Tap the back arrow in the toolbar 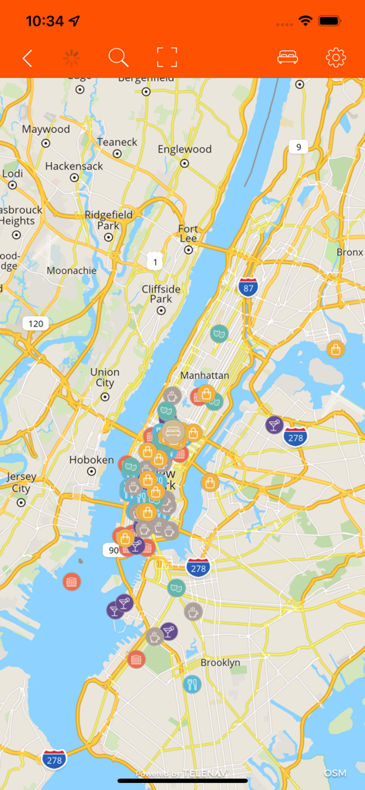click(28, 58)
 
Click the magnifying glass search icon click(118, 58)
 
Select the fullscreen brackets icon click(167, 57)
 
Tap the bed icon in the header click(288, 58)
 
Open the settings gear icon click(336, 58)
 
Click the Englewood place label click(184, 149)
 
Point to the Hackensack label click(74, 166)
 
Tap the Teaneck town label click(117, 142)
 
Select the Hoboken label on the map click(92, 460)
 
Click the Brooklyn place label click(220, 663)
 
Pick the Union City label click(105, 377)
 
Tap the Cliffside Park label click(161, 294)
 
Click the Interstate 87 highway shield click(248, 288)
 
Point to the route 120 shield click(35, 323)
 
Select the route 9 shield click(299, 147)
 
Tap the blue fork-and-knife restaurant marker click(191, 684)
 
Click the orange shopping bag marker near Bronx click(336, 349)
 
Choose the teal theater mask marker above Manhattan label click(219, 334)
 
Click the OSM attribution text click(335, 773)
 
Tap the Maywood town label click(46, 129)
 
